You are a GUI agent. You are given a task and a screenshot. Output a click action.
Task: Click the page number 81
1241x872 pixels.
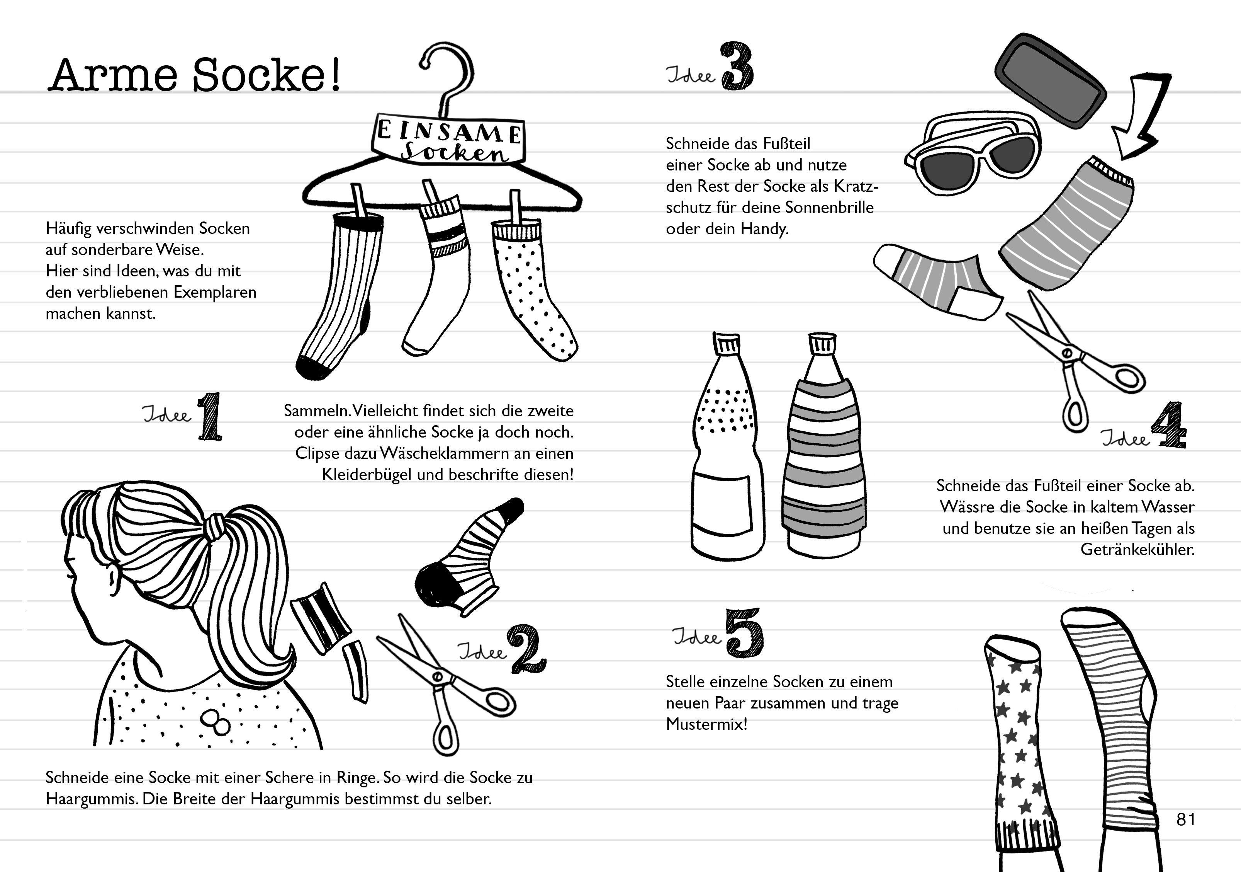coord(1185,819)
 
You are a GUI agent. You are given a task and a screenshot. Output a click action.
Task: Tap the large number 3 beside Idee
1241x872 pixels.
coord(737,66)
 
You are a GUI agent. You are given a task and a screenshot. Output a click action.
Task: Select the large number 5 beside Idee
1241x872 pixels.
coord(744,633)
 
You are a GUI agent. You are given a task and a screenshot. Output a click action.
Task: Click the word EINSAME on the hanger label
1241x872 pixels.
coord(448,131)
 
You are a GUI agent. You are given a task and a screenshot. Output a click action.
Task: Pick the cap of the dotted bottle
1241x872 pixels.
coord(727,344)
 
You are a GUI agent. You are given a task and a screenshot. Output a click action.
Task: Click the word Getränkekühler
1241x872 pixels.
coord(1137,550)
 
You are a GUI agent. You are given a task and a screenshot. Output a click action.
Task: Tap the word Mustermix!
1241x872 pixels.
coord(706,724)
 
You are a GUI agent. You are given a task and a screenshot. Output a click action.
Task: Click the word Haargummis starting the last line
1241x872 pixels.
coord(91,799)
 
